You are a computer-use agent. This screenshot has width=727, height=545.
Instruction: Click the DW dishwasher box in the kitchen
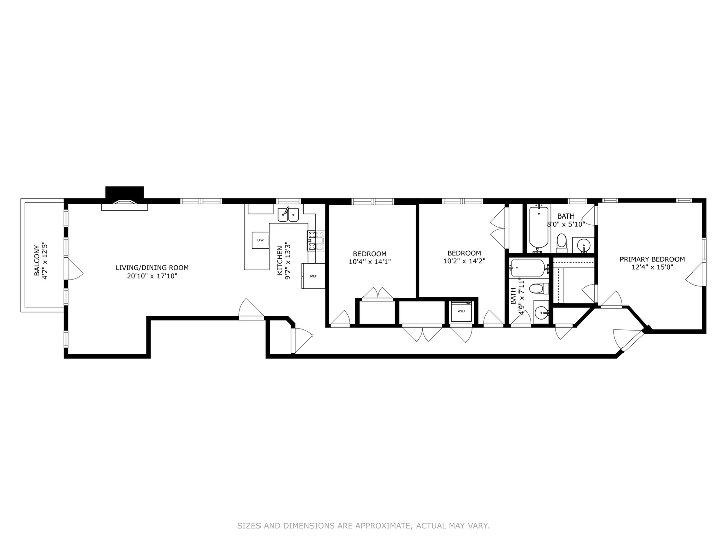(260, 240)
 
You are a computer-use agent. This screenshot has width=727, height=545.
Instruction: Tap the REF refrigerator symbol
(313, 276)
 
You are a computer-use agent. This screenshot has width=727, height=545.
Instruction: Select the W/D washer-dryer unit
(461, 311)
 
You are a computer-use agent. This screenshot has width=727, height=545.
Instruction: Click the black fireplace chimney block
(124, 193)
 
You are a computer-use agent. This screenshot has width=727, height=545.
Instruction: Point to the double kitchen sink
(288, 214)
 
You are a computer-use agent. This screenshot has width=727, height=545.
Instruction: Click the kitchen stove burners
(315, 240)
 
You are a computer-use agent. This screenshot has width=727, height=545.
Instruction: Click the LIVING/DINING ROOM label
(152, 268)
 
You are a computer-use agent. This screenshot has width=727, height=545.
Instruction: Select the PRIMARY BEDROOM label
(652, 259)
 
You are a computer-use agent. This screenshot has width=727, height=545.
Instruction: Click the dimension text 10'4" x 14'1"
(370, 262)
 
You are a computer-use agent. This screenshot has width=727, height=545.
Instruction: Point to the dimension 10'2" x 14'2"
(464, 261)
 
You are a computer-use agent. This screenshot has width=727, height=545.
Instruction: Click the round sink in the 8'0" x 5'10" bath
(584, 245)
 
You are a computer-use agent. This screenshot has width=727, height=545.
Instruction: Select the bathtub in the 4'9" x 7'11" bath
(528, 267)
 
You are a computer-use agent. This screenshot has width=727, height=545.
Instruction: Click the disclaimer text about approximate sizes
(363, 526)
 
